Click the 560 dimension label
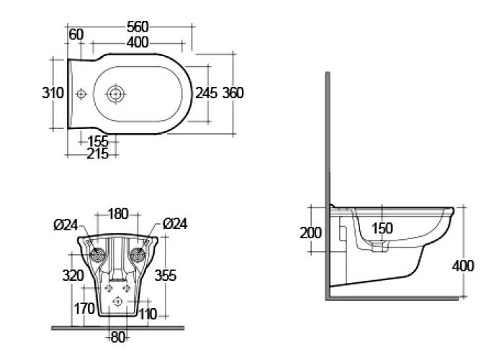click(x=138, y=27)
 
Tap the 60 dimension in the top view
click(x=76, y=35)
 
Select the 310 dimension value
click(x=53, y=93)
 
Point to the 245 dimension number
click(x=207, y=93)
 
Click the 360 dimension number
click(x=233, y=93)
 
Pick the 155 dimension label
click(x=98, y=141)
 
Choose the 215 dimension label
click(x=98, y=154)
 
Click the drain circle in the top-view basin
click(x=115, y=94)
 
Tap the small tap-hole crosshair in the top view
click(x=81, y=94)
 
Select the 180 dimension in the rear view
click(x=118, y=214)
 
